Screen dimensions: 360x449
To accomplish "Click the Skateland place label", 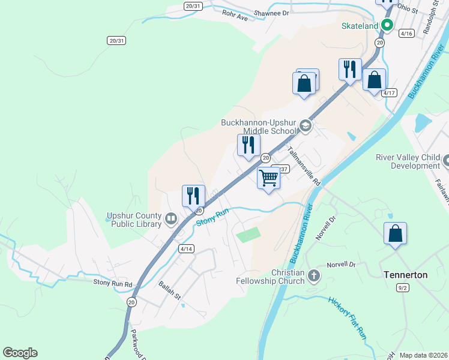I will [x=360, y=26].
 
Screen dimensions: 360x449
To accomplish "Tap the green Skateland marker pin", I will [x=387, y=25].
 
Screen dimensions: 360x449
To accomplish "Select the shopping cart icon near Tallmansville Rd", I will [x=269, y=178].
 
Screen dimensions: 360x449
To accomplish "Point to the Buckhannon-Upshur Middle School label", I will [x=259, y=126].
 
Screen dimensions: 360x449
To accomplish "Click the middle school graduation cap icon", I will [x=305, y=125].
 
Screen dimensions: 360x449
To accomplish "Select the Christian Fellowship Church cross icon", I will [x=313, y=277].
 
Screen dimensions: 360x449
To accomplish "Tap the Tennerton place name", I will [x=405, y=275].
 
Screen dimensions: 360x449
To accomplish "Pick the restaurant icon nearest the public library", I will [x=193, y=196].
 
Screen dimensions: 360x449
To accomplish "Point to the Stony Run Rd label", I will [x=112, y=283].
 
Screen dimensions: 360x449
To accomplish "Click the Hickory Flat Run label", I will [x=348, y=319].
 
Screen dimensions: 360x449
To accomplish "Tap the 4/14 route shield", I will [x=187, y=248].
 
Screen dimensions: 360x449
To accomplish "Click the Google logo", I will [x=20, y=353].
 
